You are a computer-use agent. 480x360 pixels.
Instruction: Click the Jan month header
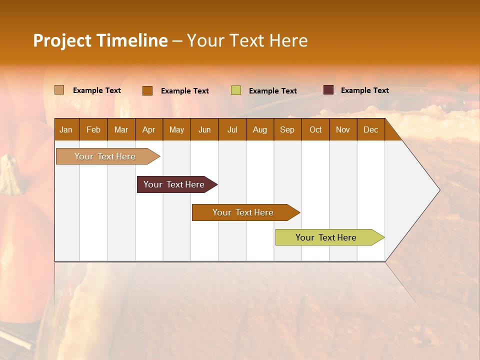66,129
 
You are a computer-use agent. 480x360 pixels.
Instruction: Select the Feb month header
93,129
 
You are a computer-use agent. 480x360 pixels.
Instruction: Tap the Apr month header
148,129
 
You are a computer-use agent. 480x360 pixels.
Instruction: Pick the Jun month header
204,129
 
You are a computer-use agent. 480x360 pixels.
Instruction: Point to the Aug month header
259,129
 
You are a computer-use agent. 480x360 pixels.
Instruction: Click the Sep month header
287,129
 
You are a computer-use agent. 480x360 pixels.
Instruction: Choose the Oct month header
315,129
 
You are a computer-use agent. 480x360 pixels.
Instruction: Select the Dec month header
370,129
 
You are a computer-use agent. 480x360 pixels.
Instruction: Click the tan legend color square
59,90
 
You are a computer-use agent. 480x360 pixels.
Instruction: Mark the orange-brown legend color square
147,90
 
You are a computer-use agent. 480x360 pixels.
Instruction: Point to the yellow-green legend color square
236,90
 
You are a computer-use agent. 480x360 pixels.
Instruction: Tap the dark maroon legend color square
328,90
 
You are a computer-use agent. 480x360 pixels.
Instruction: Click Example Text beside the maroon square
364,90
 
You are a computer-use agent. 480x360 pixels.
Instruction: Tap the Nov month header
342,129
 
